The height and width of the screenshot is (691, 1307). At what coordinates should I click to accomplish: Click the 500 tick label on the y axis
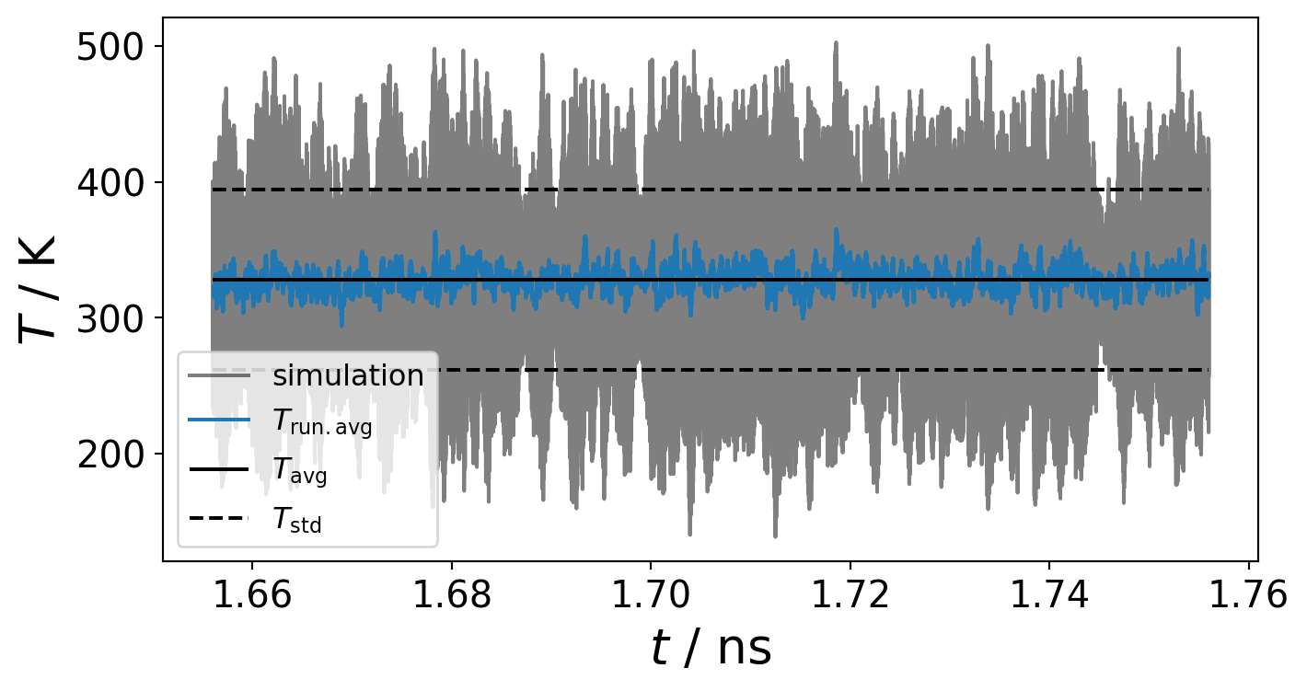click(110, 48)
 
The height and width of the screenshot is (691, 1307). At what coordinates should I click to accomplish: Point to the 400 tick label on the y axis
click(110, 183)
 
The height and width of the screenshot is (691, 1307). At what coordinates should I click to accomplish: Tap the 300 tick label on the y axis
click(110, 318)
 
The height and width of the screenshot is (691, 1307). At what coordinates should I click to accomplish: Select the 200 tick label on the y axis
click(110, 455)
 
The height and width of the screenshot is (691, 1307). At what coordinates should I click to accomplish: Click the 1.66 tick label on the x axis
click(251, 596)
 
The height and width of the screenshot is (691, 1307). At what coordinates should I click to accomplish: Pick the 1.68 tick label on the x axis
click(451, 596)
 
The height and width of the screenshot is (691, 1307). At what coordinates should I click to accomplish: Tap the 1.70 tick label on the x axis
click(651, 596)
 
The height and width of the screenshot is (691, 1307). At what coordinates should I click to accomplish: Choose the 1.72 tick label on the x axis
click(850, 596)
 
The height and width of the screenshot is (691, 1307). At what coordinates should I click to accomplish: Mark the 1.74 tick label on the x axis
click(1049, 596)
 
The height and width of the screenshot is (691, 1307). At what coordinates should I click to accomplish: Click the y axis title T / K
click(39, 289)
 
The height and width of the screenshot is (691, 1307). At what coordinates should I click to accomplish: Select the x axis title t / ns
click(711, 649)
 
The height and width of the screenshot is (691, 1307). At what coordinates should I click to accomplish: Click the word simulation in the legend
click(348, 375)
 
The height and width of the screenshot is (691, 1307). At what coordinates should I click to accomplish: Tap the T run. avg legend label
click(322, 422)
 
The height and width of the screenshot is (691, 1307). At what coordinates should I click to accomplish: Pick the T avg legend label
click(300, 471)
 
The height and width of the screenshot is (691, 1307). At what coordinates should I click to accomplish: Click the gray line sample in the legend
click(219, 375)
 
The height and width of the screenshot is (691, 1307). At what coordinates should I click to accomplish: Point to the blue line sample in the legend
click(219, 421)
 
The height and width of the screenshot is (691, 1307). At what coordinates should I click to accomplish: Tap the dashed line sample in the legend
click(219, 518)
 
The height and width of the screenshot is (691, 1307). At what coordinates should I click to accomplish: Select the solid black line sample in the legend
click(219, 470)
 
